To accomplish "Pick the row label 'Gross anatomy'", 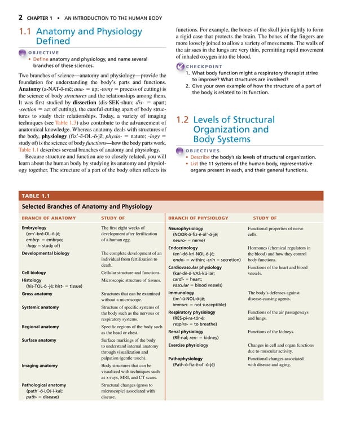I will click(x=37, y=294).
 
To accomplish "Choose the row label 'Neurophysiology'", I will click(x=190, y=228).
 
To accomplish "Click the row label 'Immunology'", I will click(x=181, y=293).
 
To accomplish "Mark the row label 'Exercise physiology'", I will click(x=192, y=345).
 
